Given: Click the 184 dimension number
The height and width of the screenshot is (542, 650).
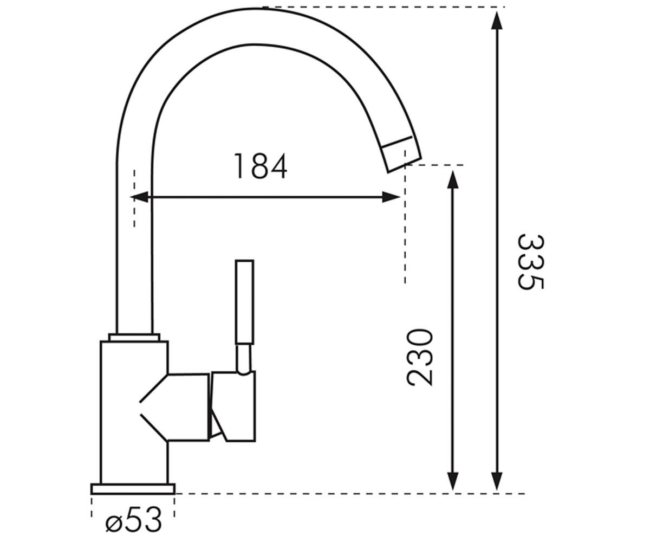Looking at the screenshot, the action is coord(260,166).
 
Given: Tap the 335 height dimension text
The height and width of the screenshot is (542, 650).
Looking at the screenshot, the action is coord(530,262).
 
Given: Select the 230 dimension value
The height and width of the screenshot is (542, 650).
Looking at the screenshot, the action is coord(420,358).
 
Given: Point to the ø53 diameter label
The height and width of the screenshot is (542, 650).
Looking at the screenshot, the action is coord(134,520).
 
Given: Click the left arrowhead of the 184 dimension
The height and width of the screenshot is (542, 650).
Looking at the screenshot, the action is coord(139,197).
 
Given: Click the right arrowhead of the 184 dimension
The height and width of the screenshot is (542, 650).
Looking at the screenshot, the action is coord(391,197).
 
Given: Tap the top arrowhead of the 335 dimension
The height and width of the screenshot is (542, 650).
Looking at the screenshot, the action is coord(497,21).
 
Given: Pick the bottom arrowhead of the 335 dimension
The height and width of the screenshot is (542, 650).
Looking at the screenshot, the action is coord(497,482).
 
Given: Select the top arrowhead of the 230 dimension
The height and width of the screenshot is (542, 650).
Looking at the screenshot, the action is coord(453,179).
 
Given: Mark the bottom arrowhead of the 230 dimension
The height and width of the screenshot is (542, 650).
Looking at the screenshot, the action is coord(453,482).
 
